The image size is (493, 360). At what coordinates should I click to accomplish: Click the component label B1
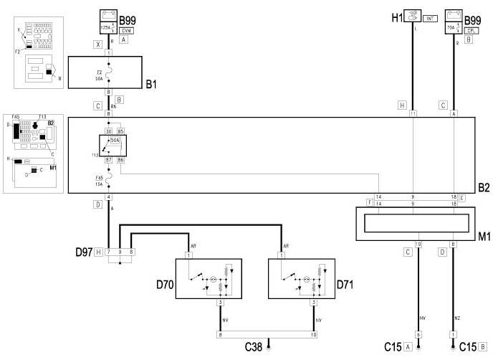pyautogui.click(x=151, y=84)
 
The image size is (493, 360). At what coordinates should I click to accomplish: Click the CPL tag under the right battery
pyautogui.click(x=453, y=30)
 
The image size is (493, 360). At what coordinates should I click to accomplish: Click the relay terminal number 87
pyautogui.click(x=110, y=159)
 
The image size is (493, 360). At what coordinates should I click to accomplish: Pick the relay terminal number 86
pyautogui.click(x=120, y=159)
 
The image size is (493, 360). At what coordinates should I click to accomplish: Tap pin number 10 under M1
pyautogui.click(x=418, y=244)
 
